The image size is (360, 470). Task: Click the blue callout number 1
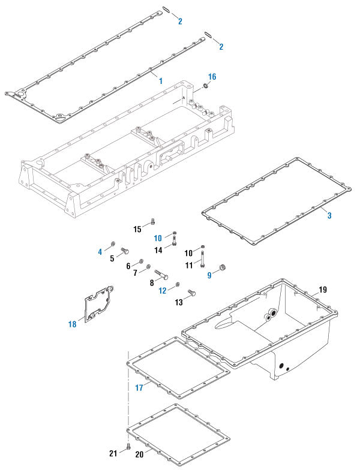point(161,79)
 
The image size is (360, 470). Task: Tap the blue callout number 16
point(212,77)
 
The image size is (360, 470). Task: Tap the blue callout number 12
point(163,291)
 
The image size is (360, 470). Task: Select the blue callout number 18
point(73,324)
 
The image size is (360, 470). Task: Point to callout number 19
point(323,290)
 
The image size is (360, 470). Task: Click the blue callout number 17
point(139,387)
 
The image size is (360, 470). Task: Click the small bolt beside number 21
point(128,447)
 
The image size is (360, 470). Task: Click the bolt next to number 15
point(152,220)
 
